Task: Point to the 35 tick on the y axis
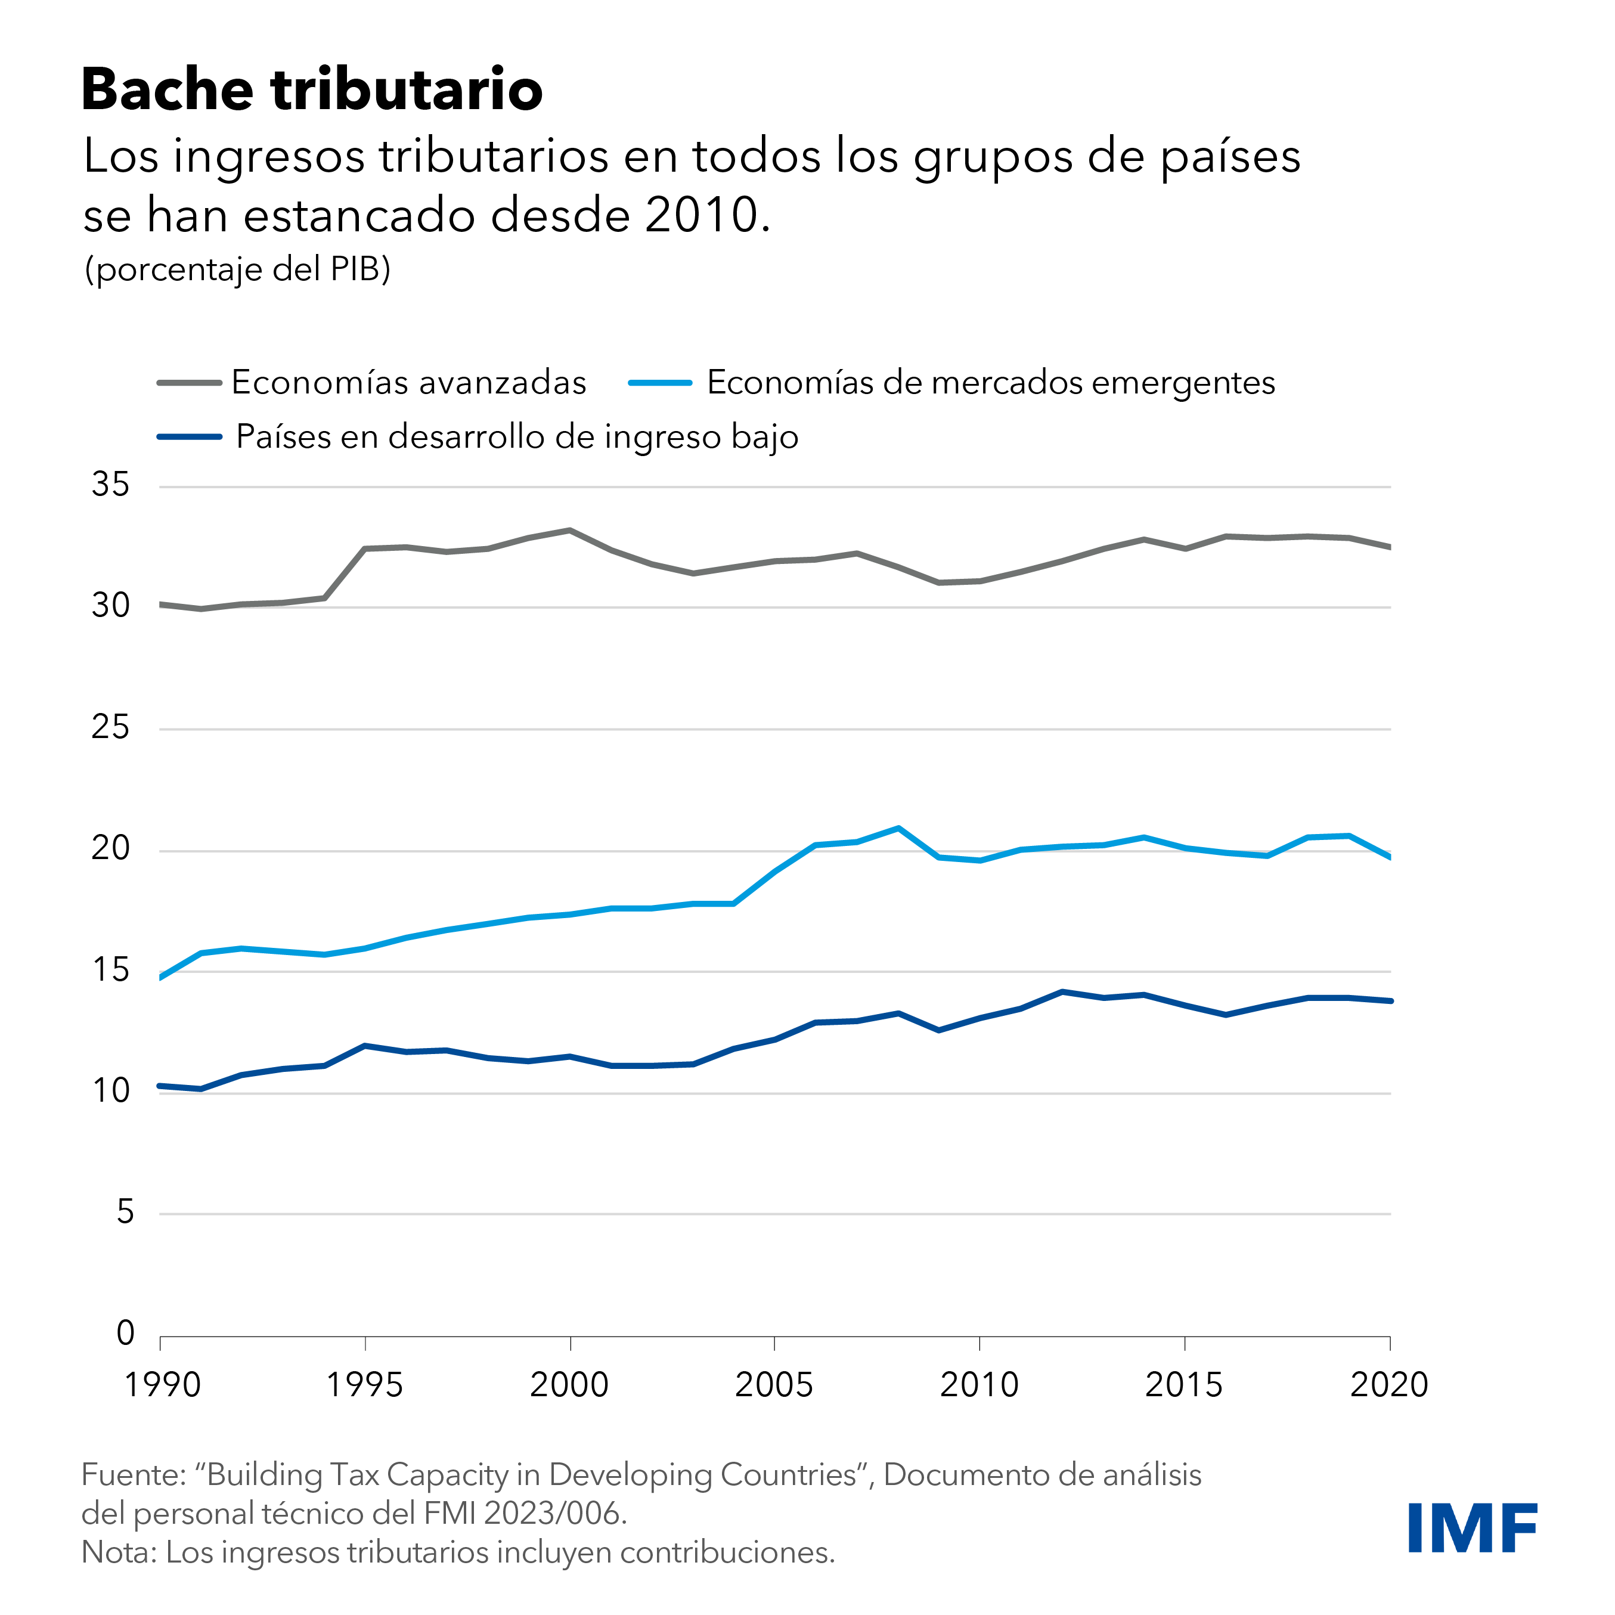[x=111, y=485]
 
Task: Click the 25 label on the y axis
[x=111, y=727]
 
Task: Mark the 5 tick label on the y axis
[x=125, y=1212]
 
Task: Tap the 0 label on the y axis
[x=125, y=1333]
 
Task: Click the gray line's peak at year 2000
[x=570, y=530]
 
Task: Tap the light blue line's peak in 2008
[x=898, y=829]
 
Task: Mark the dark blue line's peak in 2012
[x=1062, y=991]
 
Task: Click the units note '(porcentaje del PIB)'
[x=237, y=269]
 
